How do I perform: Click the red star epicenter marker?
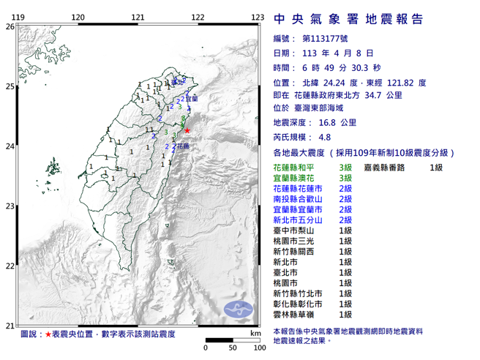(x=187, y=130)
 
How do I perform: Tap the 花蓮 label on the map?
(x=183, y=147)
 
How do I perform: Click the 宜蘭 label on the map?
(x=192, y=97)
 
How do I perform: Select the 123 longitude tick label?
(x=257, y=18)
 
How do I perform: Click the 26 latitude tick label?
(x=10, y=26)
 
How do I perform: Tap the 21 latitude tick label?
(x=10, y=326)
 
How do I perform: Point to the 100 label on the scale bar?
(x=258, y=348)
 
